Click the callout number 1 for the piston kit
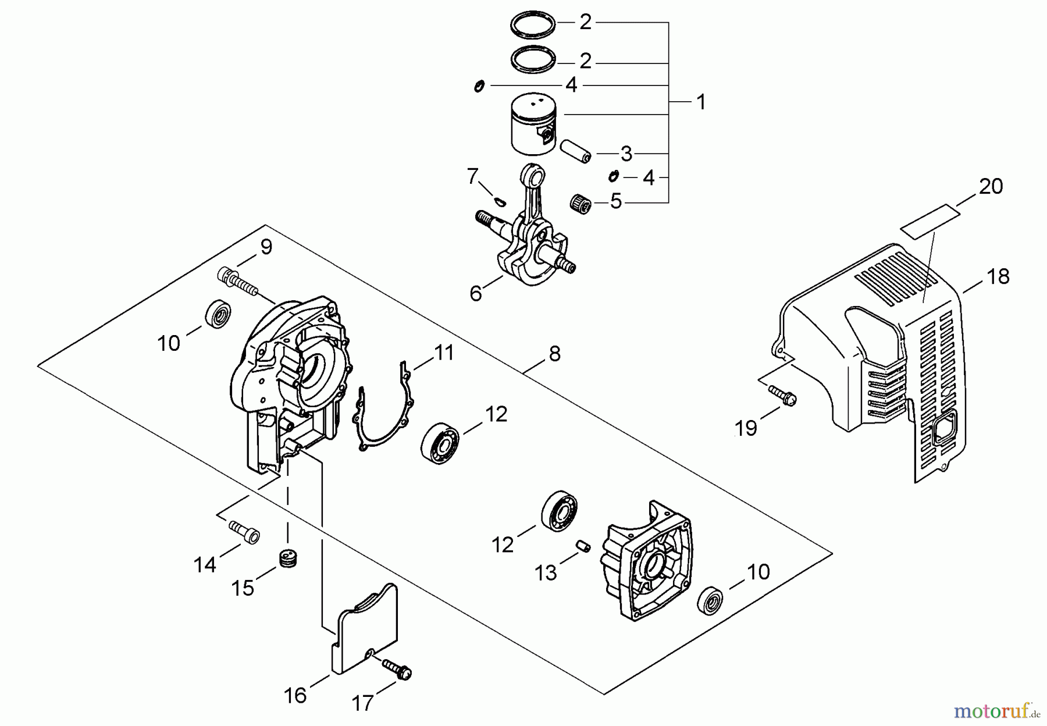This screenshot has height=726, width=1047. pyautogui.click(x=701, y=102)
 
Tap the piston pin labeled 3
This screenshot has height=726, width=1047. pyautogui.click(x=575, y=151)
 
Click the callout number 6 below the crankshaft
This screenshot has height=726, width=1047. pyautogui.click(x=476, y=294)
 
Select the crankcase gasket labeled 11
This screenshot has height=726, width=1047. pyautogui.click(x=381, y=407)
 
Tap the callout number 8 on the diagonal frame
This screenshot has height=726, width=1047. pyautogui.click(x=554, y=353)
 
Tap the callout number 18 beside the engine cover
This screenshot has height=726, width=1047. pyautogui.click(x=998, y=276)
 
